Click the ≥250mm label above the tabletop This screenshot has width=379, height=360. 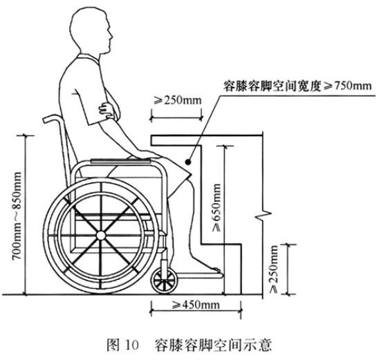pos(178,100)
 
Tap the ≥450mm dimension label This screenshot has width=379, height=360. pos(196,305)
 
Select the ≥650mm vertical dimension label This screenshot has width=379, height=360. pos(216,208)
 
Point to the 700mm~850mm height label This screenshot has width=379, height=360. pos(17,216)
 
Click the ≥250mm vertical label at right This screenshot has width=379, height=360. pos(273,269)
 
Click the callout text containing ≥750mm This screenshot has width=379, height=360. pos(297,86)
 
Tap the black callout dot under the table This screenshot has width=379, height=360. pos(188,162)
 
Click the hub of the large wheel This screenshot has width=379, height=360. pos(101,236)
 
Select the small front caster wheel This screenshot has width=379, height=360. pos(164,281)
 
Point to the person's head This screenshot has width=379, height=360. pos(91,30)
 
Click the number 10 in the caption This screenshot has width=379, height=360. pos(131,345)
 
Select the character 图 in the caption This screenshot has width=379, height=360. pos(113,345)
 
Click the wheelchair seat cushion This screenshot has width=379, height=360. pos(121,160)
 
